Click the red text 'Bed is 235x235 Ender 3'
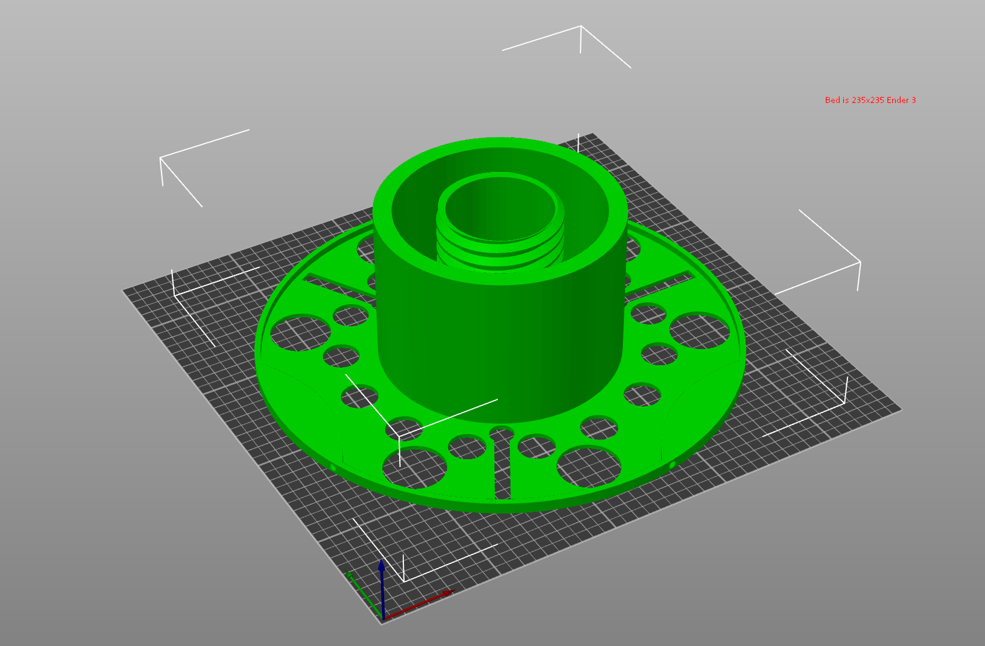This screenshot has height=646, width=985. pyautogui.click(x=870, y=100)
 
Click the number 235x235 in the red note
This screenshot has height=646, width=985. pyautogui.click(x=868, y=100)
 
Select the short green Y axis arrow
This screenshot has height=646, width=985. pyautogui.click(x=363, y=593)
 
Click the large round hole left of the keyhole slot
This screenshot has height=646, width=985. pyautogui.click(x=414, y=468)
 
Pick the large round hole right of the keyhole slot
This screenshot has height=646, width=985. pyautogui.click(x=589, y=466)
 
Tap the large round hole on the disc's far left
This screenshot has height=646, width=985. pyautogui.click(x=300, y=333)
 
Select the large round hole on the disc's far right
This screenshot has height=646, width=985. pyautogui.click(x=699, y=331)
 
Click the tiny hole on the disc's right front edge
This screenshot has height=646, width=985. pyautogui.click(x=671, y=465)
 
